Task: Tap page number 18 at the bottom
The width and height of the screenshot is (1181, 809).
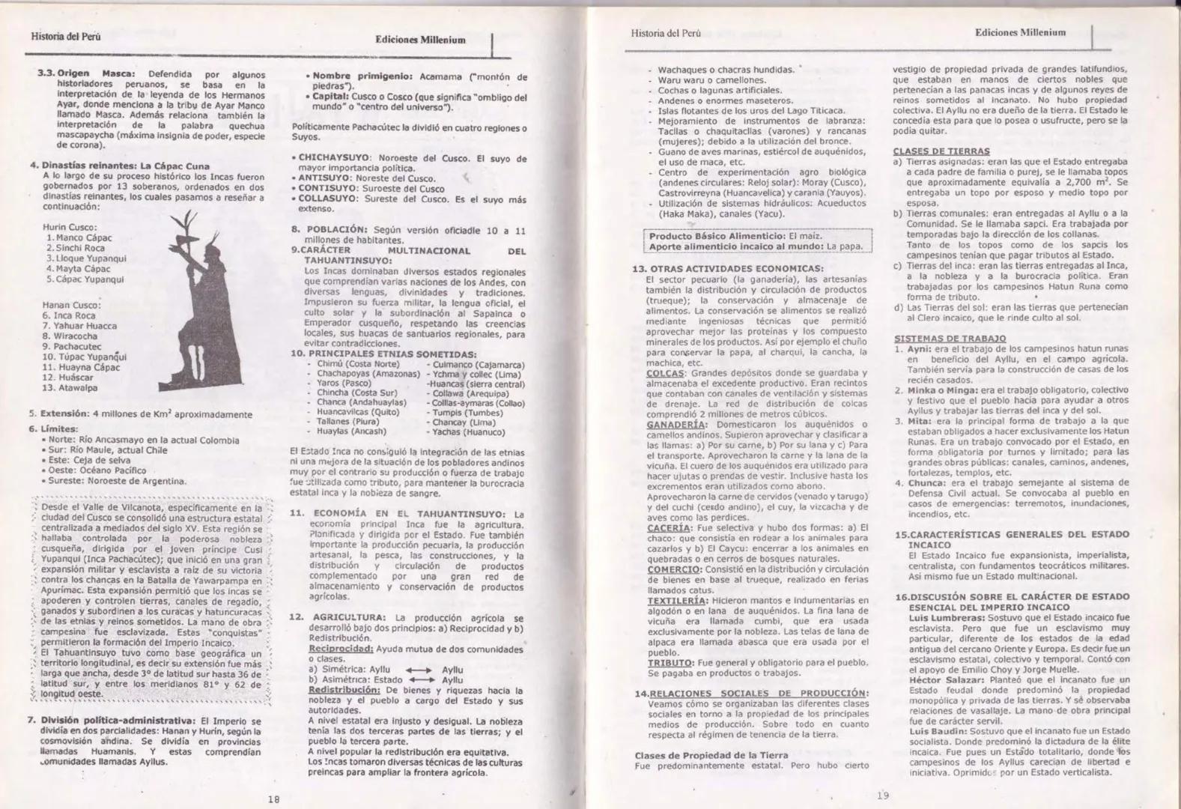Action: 274,799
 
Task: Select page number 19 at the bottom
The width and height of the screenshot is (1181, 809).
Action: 883,795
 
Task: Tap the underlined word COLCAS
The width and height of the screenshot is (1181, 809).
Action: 666,373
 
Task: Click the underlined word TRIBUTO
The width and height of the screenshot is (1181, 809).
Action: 670,663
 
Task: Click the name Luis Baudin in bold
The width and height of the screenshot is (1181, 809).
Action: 938,730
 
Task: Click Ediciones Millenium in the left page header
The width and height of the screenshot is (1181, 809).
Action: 420,40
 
